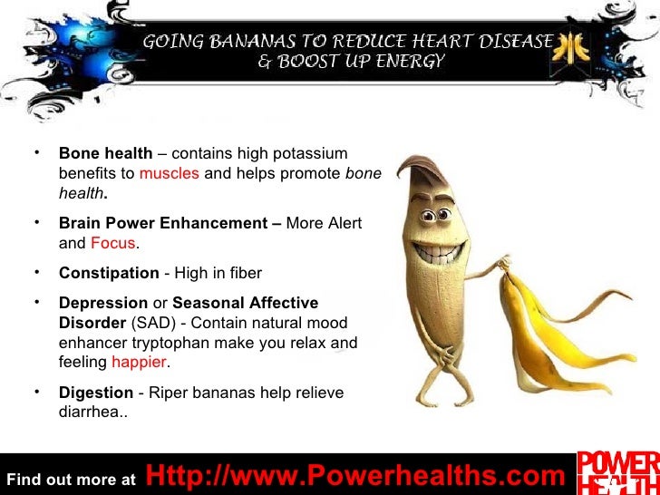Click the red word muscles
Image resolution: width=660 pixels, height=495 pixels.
tap(169, 173)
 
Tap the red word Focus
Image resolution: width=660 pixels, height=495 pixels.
tap(112, 243)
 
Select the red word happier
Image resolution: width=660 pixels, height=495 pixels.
tap(140, 363)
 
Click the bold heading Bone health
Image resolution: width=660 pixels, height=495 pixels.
tap(105, 153)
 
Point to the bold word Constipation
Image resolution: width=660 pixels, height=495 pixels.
tap(109, 273)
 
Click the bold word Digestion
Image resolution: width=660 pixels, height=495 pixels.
tap(96, 393)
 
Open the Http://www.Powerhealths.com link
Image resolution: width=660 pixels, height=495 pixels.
tap(354, 475)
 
